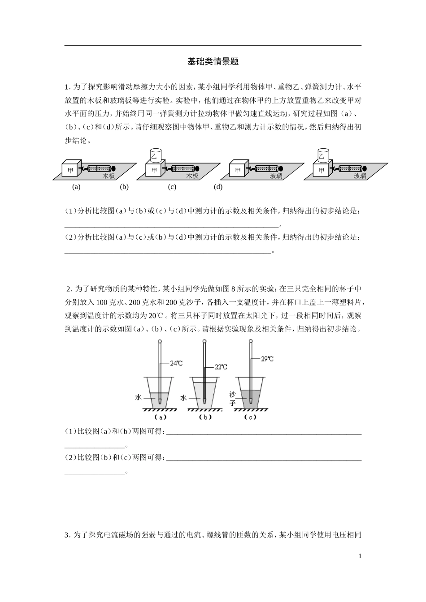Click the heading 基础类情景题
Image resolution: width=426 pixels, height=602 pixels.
click(213, 62)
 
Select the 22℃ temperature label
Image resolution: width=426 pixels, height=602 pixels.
click(221, 367)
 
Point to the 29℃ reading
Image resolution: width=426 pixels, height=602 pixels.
click(267, 359)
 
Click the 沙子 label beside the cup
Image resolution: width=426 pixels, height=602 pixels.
click(232, 398)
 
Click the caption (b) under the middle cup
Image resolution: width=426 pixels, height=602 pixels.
click(205, 417)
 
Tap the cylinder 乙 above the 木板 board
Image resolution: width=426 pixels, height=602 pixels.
click(155, 156)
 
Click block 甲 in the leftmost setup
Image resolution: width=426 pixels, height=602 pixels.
click(70, 170)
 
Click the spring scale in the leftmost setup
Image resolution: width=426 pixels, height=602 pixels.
click(98, 169)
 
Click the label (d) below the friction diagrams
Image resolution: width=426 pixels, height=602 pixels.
click(218, 187)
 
